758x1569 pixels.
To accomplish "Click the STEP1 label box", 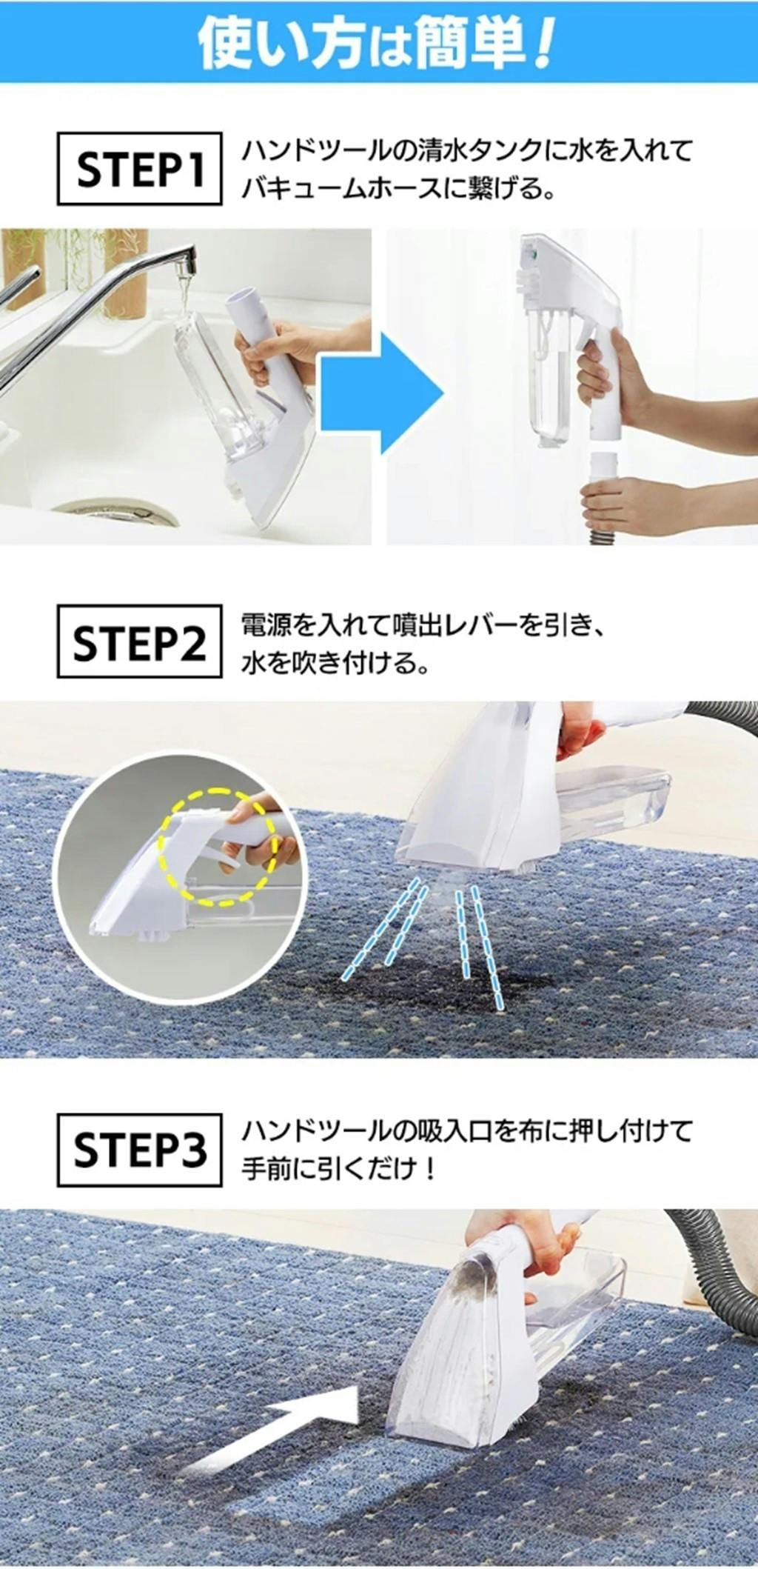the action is (x=139, y=168).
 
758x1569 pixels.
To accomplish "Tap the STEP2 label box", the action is (x=139, y=641).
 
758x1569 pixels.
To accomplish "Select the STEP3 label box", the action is (x=139, y=1150).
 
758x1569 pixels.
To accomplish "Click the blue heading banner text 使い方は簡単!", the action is (x=376, y=41).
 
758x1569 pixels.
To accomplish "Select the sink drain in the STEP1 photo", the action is (x=115, y=512).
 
